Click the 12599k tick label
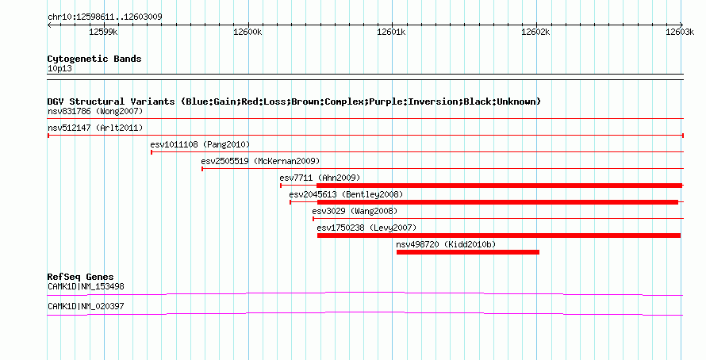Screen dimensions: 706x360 [x=104, y=32]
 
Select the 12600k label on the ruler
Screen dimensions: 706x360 [x=247, y=32]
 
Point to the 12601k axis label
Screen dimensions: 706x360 [x=391, y=32]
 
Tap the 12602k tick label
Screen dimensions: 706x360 [x=535, y=32]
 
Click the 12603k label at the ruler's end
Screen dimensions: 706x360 [x=680, y=32]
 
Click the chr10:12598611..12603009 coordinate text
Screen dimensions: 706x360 [x=105, y=17]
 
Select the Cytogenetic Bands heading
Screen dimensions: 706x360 [x=94, y=59]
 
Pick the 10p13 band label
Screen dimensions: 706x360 [x=59, y=69]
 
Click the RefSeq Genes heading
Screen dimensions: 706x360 [x=80, y=278]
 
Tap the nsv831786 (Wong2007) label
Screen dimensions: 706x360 [x=95, y=112]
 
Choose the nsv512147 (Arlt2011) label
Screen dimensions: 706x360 [x=95, y=128]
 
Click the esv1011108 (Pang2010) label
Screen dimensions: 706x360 [x=200, y=145]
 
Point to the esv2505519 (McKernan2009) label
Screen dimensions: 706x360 [x=260, y=162]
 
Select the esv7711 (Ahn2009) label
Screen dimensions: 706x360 [x=320, y=178]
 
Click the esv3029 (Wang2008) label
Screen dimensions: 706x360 [x=355, y=212]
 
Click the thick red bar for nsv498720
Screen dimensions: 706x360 [x=468, y=252]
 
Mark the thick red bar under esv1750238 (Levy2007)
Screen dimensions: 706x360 [x=499, y=236]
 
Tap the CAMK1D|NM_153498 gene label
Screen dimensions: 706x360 [x=86, y=286]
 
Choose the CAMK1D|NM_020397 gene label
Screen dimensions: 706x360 [x=86, y=306]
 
